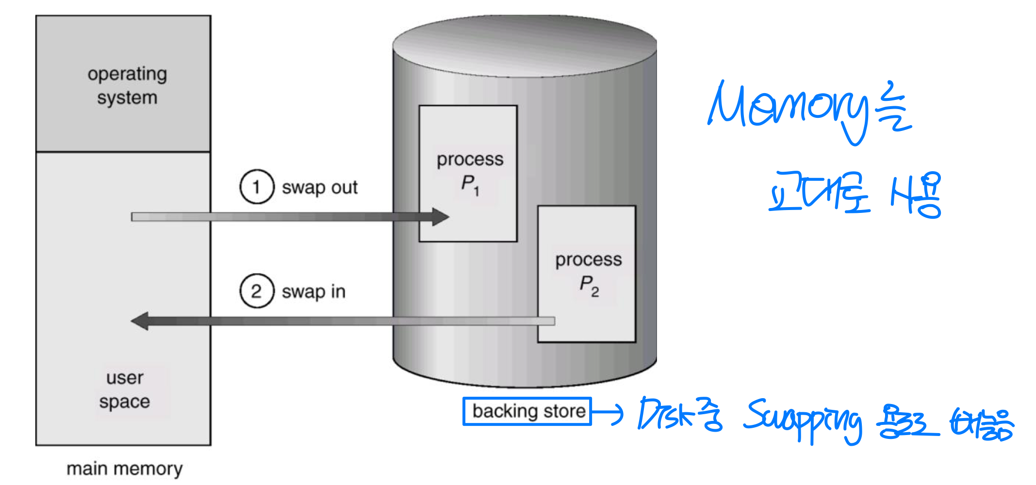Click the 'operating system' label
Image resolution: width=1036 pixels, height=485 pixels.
(127, 86)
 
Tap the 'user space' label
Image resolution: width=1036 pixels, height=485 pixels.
(125, 389)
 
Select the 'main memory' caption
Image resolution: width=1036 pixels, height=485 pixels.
(125, 469)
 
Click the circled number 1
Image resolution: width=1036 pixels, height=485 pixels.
(257, 187)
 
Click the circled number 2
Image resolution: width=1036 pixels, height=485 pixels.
(257, 291)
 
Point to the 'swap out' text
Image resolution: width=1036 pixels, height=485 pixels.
(320, 188)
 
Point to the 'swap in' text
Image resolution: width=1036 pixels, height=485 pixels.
(313, 291)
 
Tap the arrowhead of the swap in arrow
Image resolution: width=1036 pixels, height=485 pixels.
(140, 321)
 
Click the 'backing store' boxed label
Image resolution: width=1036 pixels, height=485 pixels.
(527, 411)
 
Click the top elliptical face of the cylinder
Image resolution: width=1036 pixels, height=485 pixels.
(525, 46)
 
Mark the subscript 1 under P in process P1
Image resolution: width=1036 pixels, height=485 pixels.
(477, 191)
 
